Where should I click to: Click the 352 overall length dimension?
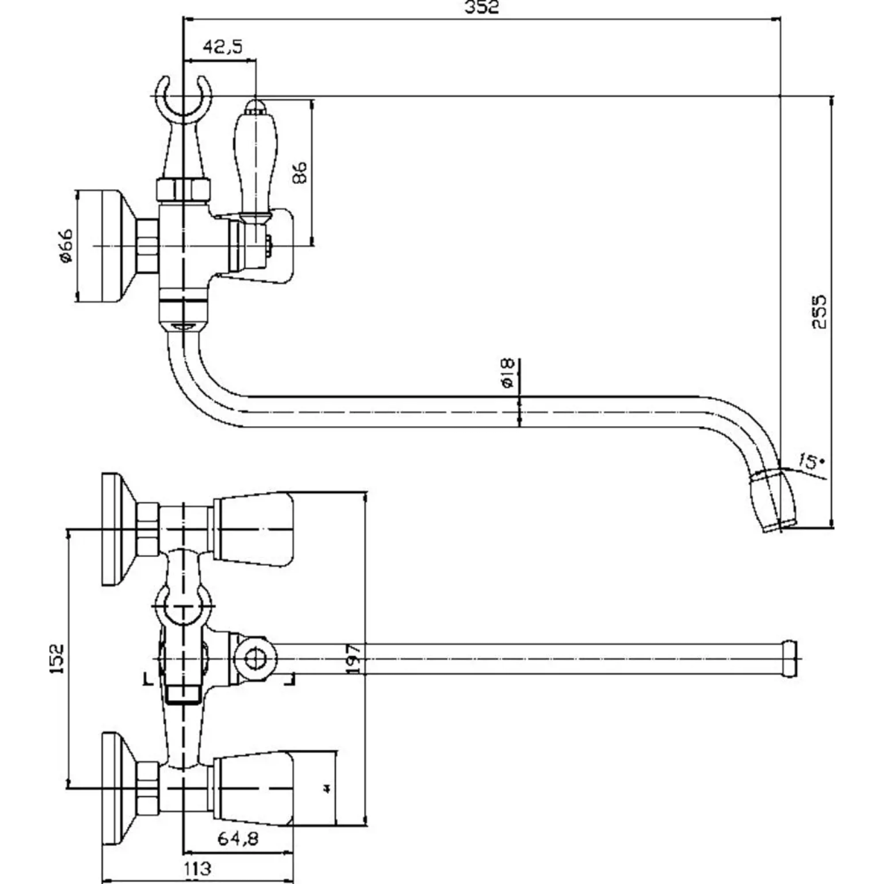(x=481, y=8)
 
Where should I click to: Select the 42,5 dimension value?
(x=223, y=47)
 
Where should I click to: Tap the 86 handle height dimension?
(x=299, y=172)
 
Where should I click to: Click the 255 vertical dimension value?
(x=820, y=312)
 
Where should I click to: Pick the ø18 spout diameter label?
(x=507, y=373)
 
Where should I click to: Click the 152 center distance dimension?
(x=57, y=658)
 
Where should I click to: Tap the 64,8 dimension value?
(x=238, y=837)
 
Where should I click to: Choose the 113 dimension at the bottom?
(x=197, y=867)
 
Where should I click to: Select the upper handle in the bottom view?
(x=253, y=529)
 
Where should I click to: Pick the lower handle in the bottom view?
(x=253, y=788)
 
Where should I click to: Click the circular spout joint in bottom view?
(x=254, y=658)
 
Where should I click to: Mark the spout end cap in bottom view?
(x=789, y=658)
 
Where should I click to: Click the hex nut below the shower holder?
(x=183, y=190)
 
